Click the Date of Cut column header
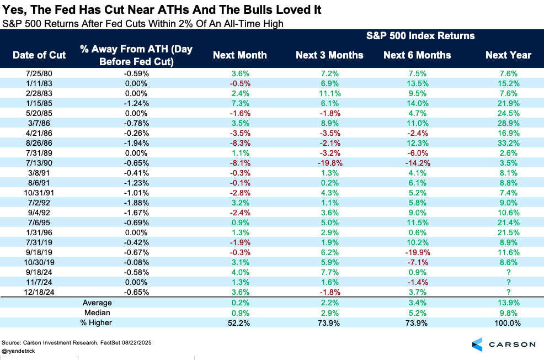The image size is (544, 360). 39,55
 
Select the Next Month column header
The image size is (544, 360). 240,55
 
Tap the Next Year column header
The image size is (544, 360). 508,55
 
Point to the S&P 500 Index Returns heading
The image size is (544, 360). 421,36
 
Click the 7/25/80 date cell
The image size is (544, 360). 39,73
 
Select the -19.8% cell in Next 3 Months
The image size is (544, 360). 329,162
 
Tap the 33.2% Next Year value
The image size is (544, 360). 508,142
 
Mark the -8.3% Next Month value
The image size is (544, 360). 240,142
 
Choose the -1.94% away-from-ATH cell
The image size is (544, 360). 136,142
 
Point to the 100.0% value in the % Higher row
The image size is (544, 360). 508,322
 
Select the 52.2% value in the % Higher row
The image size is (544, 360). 240,322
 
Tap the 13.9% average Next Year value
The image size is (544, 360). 508,303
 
